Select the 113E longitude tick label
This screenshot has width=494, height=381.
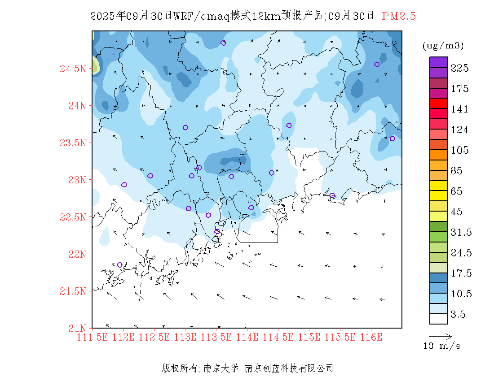pos(185,337)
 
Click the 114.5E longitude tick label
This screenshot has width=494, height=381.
pos(278,337)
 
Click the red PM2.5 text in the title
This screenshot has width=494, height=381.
pos(399,16)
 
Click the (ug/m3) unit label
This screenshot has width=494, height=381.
pos(443,45)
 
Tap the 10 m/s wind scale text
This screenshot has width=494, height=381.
pos(442,346)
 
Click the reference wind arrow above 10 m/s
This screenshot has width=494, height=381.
pos(440,336)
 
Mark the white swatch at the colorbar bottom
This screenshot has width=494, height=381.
pos(439,319)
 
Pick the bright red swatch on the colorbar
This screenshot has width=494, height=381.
pos(439,103)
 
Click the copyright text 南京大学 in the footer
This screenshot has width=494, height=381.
pos(221,368)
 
